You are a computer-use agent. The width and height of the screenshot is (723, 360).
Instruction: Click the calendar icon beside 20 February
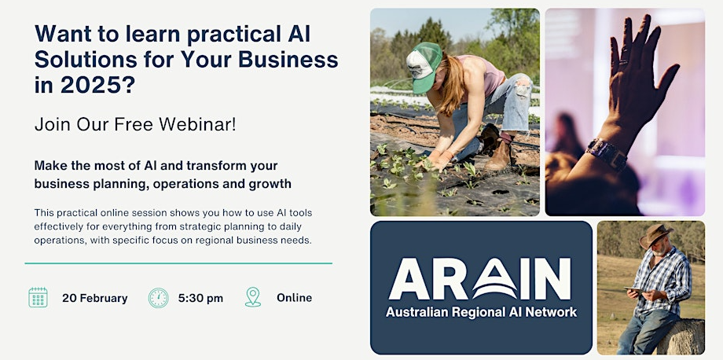pyautogui.click(x=38, y=298)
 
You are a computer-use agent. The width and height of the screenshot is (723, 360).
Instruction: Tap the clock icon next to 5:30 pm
pyautogui.click(x=159, y=298)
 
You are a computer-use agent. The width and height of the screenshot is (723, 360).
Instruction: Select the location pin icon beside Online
pyautogui.click(x=253, y=297)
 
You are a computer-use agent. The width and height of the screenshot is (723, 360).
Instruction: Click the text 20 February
pyautogui.click(x=95, y=298)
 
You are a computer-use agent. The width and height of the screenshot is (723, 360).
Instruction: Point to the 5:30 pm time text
pyautogui.click(x=200, y=298)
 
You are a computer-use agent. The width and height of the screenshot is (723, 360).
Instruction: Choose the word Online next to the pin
pyautogui.click(x=294, y=298)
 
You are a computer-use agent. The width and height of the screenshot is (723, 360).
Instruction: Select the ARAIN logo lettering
pyautogui.click(x=480, y=279)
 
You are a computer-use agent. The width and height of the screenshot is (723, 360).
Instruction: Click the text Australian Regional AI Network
pyautogui.click(x=481, y=312)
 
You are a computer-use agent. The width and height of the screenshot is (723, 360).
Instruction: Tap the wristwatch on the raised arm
pyautogui.click(x=607, y=153)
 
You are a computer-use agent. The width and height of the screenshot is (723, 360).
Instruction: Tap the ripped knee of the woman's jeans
pyautogui.click(x=522, y=90)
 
